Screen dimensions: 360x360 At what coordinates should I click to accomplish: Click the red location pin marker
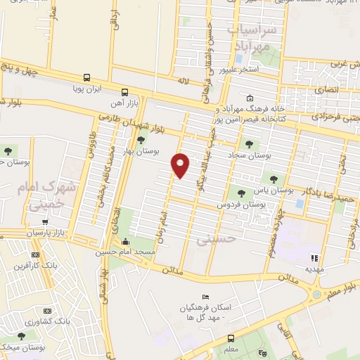pyautogui.click(x=181, y=165)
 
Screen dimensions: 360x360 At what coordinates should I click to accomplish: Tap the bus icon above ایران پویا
pyautogui.click(x=86, y=78)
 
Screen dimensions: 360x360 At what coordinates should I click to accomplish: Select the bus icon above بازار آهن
pyautogui.click(x=124, y=91)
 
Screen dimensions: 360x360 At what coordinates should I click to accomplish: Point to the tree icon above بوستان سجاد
pyautogui.click(x=249, y=143)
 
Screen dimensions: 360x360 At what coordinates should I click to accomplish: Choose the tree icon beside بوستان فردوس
pyautogui.click(x=242, y=192)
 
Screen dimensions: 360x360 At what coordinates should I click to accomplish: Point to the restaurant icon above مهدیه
pyautogui.click(x=314, y=258)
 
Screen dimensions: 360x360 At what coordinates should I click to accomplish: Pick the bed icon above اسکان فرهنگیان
pyautogui.click(x=205, y=298)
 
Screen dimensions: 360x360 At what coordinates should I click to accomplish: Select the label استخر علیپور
pyautogui.click(x=260, y=70)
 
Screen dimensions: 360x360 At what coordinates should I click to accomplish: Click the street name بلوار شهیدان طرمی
pyautogui.click(x=141, y=125)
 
